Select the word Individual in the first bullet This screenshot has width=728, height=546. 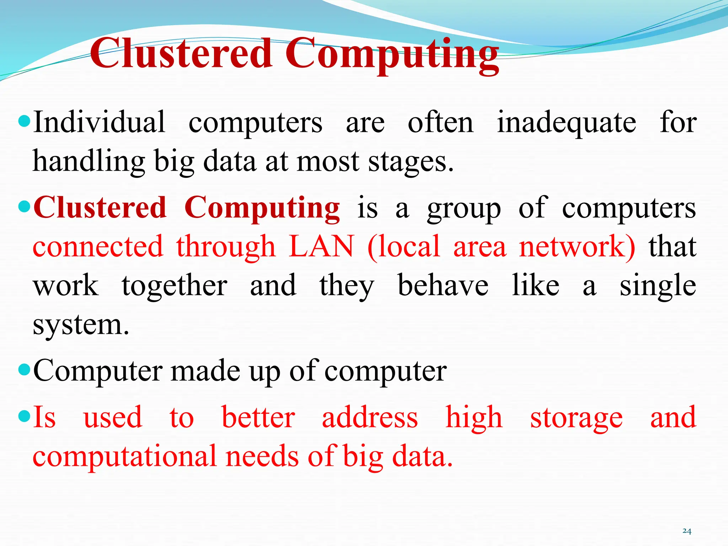click(x=99, y=122)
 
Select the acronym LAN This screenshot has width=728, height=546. click(x=321, y=246)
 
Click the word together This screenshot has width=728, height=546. click(x=174, y=286)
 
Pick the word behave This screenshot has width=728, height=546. click(x=443, y=285)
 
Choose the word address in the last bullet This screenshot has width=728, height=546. click(x=370, y=417)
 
